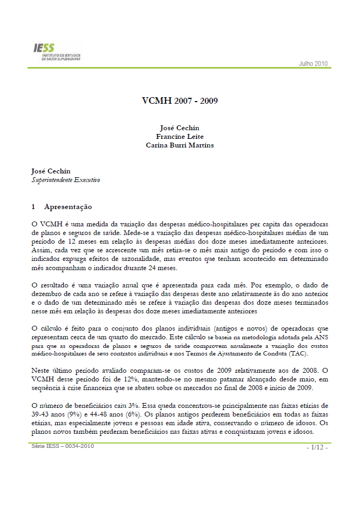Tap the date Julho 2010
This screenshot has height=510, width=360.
314,64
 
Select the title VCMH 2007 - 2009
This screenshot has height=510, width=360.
180,101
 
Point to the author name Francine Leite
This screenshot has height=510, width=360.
179,137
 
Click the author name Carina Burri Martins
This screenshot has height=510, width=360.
179,145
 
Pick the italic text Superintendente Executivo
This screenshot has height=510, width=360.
65,180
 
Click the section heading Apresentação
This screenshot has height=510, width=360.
68,207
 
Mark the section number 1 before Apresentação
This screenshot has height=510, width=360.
34,207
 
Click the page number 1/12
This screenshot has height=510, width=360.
317,448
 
